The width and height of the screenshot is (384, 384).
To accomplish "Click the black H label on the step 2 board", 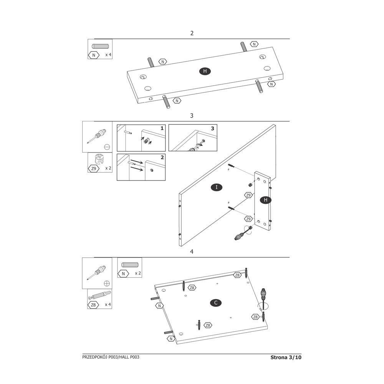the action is click(205, 71).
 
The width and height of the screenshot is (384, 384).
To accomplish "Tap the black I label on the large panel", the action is click(217, 187).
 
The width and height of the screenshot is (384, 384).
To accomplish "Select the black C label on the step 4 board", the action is click(216, 303).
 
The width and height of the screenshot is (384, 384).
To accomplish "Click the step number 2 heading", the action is click(192, 33).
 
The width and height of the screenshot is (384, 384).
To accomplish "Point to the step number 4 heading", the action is click(192, 252).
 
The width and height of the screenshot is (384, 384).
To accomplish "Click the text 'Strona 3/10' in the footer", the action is click(286, 357).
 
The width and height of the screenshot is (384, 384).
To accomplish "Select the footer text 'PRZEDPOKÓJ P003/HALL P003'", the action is click(111, 357).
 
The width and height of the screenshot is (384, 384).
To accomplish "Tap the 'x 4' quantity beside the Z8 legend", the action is click(108, 305).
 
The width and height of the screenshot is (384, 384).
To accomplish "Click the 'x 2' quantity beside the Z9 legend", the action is click(108, 168).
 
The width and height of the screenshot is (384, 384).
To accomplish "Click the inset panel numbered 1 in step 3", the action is click(141, 138).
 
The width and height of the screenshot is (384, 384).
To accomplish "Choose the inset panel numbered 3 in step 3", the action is click(193, 137).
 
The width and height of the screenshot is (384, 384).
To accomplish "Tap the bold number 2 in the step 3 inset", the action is click(162, 157).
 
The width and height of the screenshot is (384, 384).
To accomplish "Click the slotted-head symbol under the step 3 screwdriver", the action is click(107, 147).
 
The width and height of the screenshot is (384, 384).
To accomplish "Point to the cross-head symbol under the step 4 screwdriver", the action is click(107, 283).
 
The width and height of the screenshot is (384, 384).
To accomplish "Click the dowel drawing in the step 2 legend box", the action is click(100, 46).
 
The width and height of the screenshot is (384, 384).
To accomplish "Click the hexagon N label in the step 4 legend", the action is click(123, 273).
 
